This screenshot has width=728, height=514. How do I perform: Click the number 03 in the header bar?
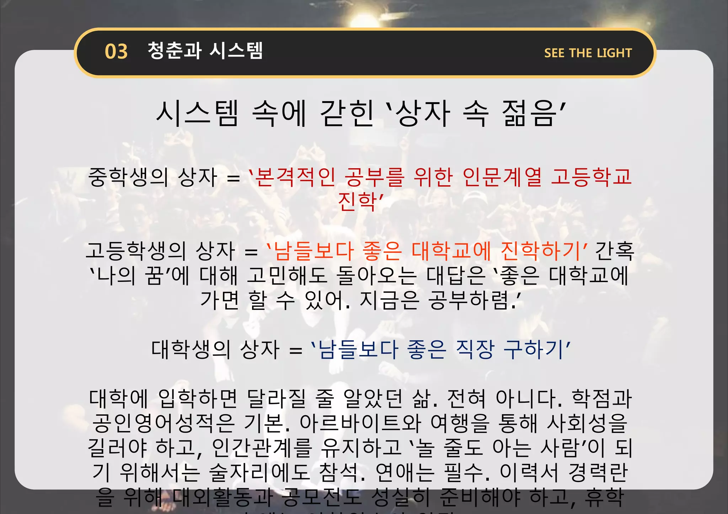[x=116, y=52]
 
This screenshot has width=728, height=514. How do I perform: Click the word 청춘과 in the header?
[x=174, y=51]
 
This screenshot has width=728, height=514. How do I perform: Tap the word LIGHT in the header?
[x=614, y=53]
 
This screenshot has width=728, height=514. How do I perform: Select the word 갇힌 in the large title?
[x=347, y=113]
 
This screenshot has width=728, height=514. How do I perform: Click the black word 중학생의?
[x=128, y=177]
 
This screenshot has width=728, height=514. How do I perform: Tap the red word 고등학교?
[x=591, y=177]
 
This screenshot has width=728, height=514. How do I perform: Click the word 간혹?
[x=615, y=251]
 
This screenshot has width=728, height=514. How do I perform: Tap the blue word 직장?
[x=475, y=349]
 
